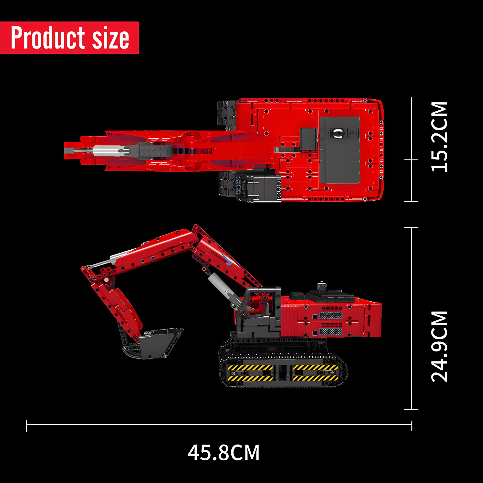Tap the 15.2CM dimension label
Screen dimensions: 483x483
tap(439, 137)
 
